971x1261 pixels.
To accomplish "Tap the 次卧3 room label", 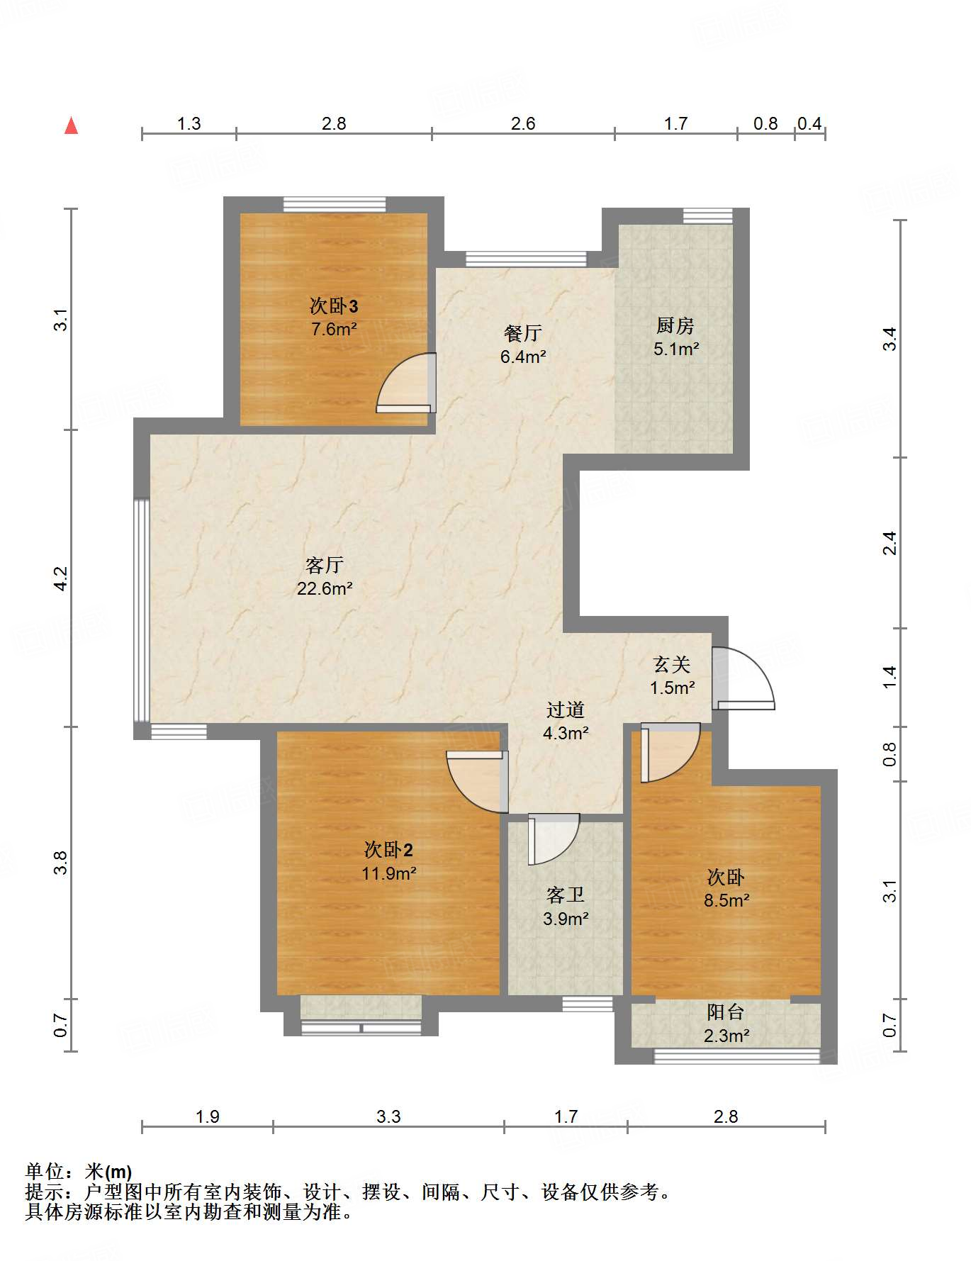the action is (x=333, y=306).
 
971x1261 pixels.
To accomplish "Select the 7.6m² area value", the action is (x=333, y=330).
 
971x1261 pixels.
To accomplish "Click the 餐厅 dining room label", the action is (x=523, y=333).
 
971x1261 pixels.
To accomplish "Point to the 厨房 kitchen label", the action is (x=675, y=325).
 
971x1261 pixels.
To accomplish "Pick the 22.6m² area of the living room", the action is (x=325, y=588).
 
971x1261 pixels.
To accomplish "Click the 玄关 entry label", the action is (x=671, y=664).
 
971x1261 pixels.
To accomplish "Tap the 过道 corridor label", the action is (x=566, y=710).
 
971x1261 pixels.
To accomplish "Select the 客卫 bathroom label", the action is (x=566, y=895).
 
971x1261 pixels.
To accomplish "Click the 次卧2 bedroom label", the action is (x=388, y=849).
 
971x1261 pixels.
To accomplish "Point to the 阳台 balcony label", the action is (x=726, y=1012).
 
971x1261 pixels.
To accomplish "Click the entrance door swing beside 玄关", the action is (x=743, y=679).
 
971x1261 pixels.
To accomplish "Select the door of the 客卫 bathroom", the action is (x=554, y=839).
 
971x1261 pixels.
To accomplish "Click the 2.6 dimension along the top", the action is (x=523, y=124).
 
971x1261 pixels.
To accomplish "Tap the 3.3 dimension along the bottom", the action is (x=388, y=1117).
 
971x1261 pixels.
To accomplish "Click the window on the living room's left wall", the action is (x=142, y=610).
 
